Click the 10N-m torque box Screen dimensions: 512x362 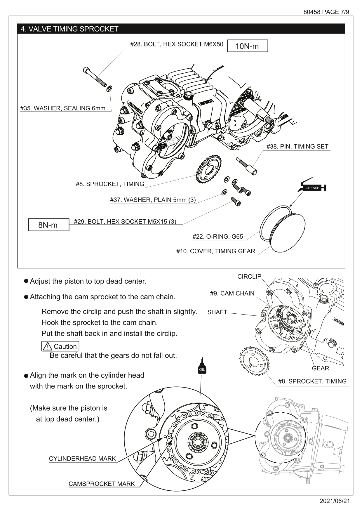(247, 46)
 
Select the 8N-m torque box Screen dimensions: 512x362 (48, 225)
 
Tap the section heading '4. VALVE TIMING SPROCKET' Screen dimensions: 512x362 (69, 29)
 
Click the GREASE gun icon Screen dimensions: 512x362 (312, 187)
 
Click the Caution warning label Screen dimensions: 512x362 (60, 346)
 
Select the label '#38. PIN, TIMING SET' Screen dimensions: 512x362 (297, 147)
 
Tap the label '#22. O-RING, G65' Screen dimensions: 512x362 (217, 237)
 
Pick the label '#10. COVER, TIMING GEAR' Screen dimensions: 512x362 (215, 251)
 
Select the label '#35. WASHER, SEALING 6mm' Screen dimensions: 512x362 (63, 108)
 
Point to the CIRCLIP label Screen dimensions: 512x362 (249, 277)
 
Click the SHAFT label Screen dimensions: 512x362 (217, 312)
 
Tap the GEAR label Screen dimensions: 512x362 (320, 368)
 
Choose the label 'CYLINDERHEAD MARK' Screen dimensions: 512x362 (82, 459)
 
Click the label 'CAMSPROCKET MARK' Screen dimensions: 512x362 (102, 484)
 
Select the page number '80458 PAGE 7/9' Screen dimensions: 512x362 (326, 12)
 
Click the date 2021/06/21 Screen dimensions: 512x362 (335, 501)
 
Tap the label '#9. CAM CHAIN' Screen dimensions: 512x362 (232, 293)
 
